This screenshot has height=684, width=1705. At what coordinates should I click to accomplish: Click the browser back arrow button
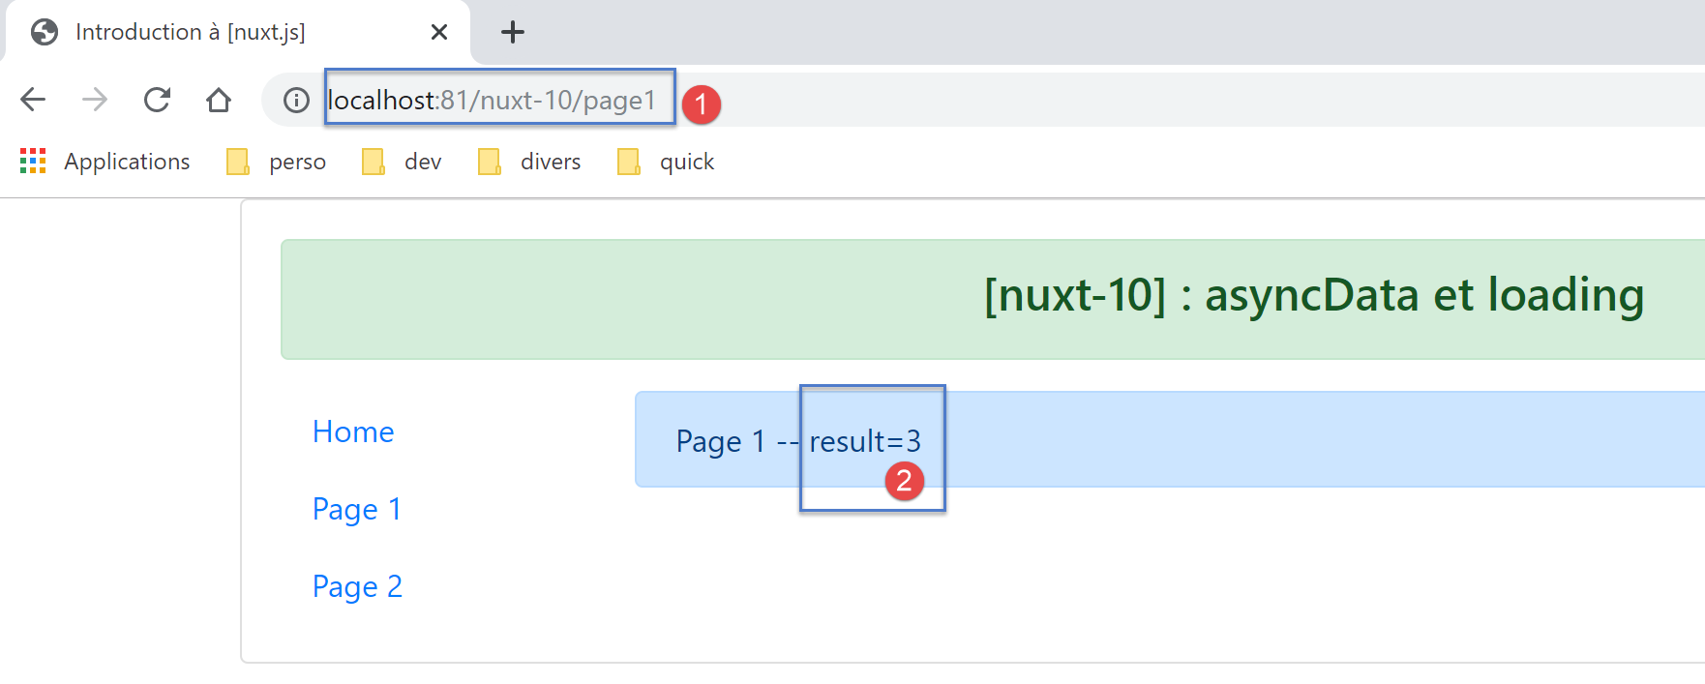click(33, 100)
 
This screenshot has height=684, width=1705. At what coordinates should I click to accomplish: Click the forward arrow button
click(95, 100)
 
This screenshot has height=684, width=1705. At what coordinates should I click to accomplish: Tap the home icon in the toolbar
click(219, 100)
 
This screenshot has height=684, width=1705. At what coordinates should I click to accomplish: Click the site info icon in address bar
click(296, 100)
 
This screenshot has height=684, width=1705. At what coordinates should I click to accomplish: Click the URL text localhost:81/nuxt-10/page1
click(492, 101)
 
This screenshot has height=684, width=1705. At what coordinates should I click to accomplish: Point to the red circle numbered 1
click(701, 104)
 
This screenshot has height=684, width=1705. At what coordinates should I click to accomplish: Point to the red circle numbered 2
click(904, 481)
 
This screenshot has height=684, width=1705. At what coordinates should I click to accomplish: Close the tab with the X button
click(438, 32)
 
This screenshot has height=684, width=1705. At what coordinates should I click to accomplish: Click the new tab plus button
click(513, 32)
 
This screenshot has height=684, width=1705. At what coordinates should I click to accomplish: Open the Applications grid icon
click(33, 161)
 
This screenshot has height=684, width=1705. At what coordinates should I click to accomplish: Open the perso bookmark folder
click(276, 162)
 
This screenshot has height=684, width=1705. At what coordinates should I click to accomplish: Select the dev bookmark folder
click(402, 162)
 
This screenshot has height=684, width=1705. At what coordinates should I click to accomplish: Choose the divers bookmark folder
click(529, 162)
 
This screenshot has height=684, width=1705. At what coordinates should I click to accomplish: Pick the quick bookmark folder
click(666, 162)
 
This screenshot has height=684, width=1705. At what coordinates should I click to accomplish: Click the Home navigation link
click(353, 431)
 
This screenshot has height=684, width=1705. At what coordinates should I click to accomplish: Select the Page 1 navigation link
click(357, 510)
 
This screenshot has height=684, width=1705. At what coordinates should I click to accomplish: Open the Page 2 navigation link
click(357, 587)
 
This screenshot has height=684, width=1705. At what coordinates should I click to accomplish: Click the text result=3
click(865, 441)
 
